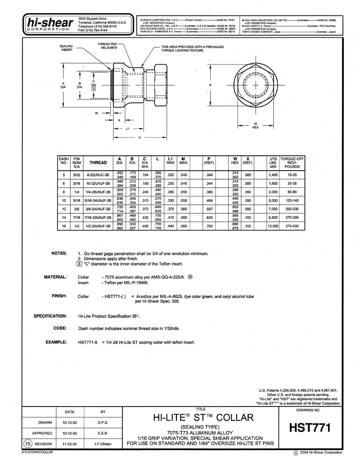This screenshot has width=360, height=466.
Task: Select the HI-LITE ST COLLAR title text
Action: pyautogui.click(x=204, y=417)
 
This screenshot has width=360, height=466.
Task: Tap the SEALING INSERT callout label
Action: pyautogui.click(x=67, y=48)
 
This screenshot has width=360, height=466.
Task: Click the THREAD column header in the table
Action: pyautogui.click(x=98, y=163)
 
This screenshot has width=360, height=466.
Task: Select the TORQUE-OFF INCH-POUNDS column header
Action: pyautogui.click(x=292, y=163)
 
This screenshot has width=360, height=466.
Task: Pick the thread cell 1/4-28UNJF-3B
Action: pyautogui.click(x=98, y=191)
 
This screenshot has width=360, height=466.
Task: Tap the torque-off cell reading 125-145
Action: pyautogui.click(x=292, y=199)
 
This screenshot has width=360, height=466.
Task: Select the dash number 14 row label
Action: pyautogui.click(x=63, y=217)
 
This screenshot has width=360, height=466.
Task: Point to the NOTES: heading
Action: pyautogui.click(x=59, y=253)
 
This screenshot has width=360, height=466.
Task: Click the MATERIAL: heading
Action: pyautogui.click(x=55, y=277)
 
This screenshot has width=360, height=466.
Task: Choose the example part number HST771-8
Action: pyautogui.click(x=88, y=342)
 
